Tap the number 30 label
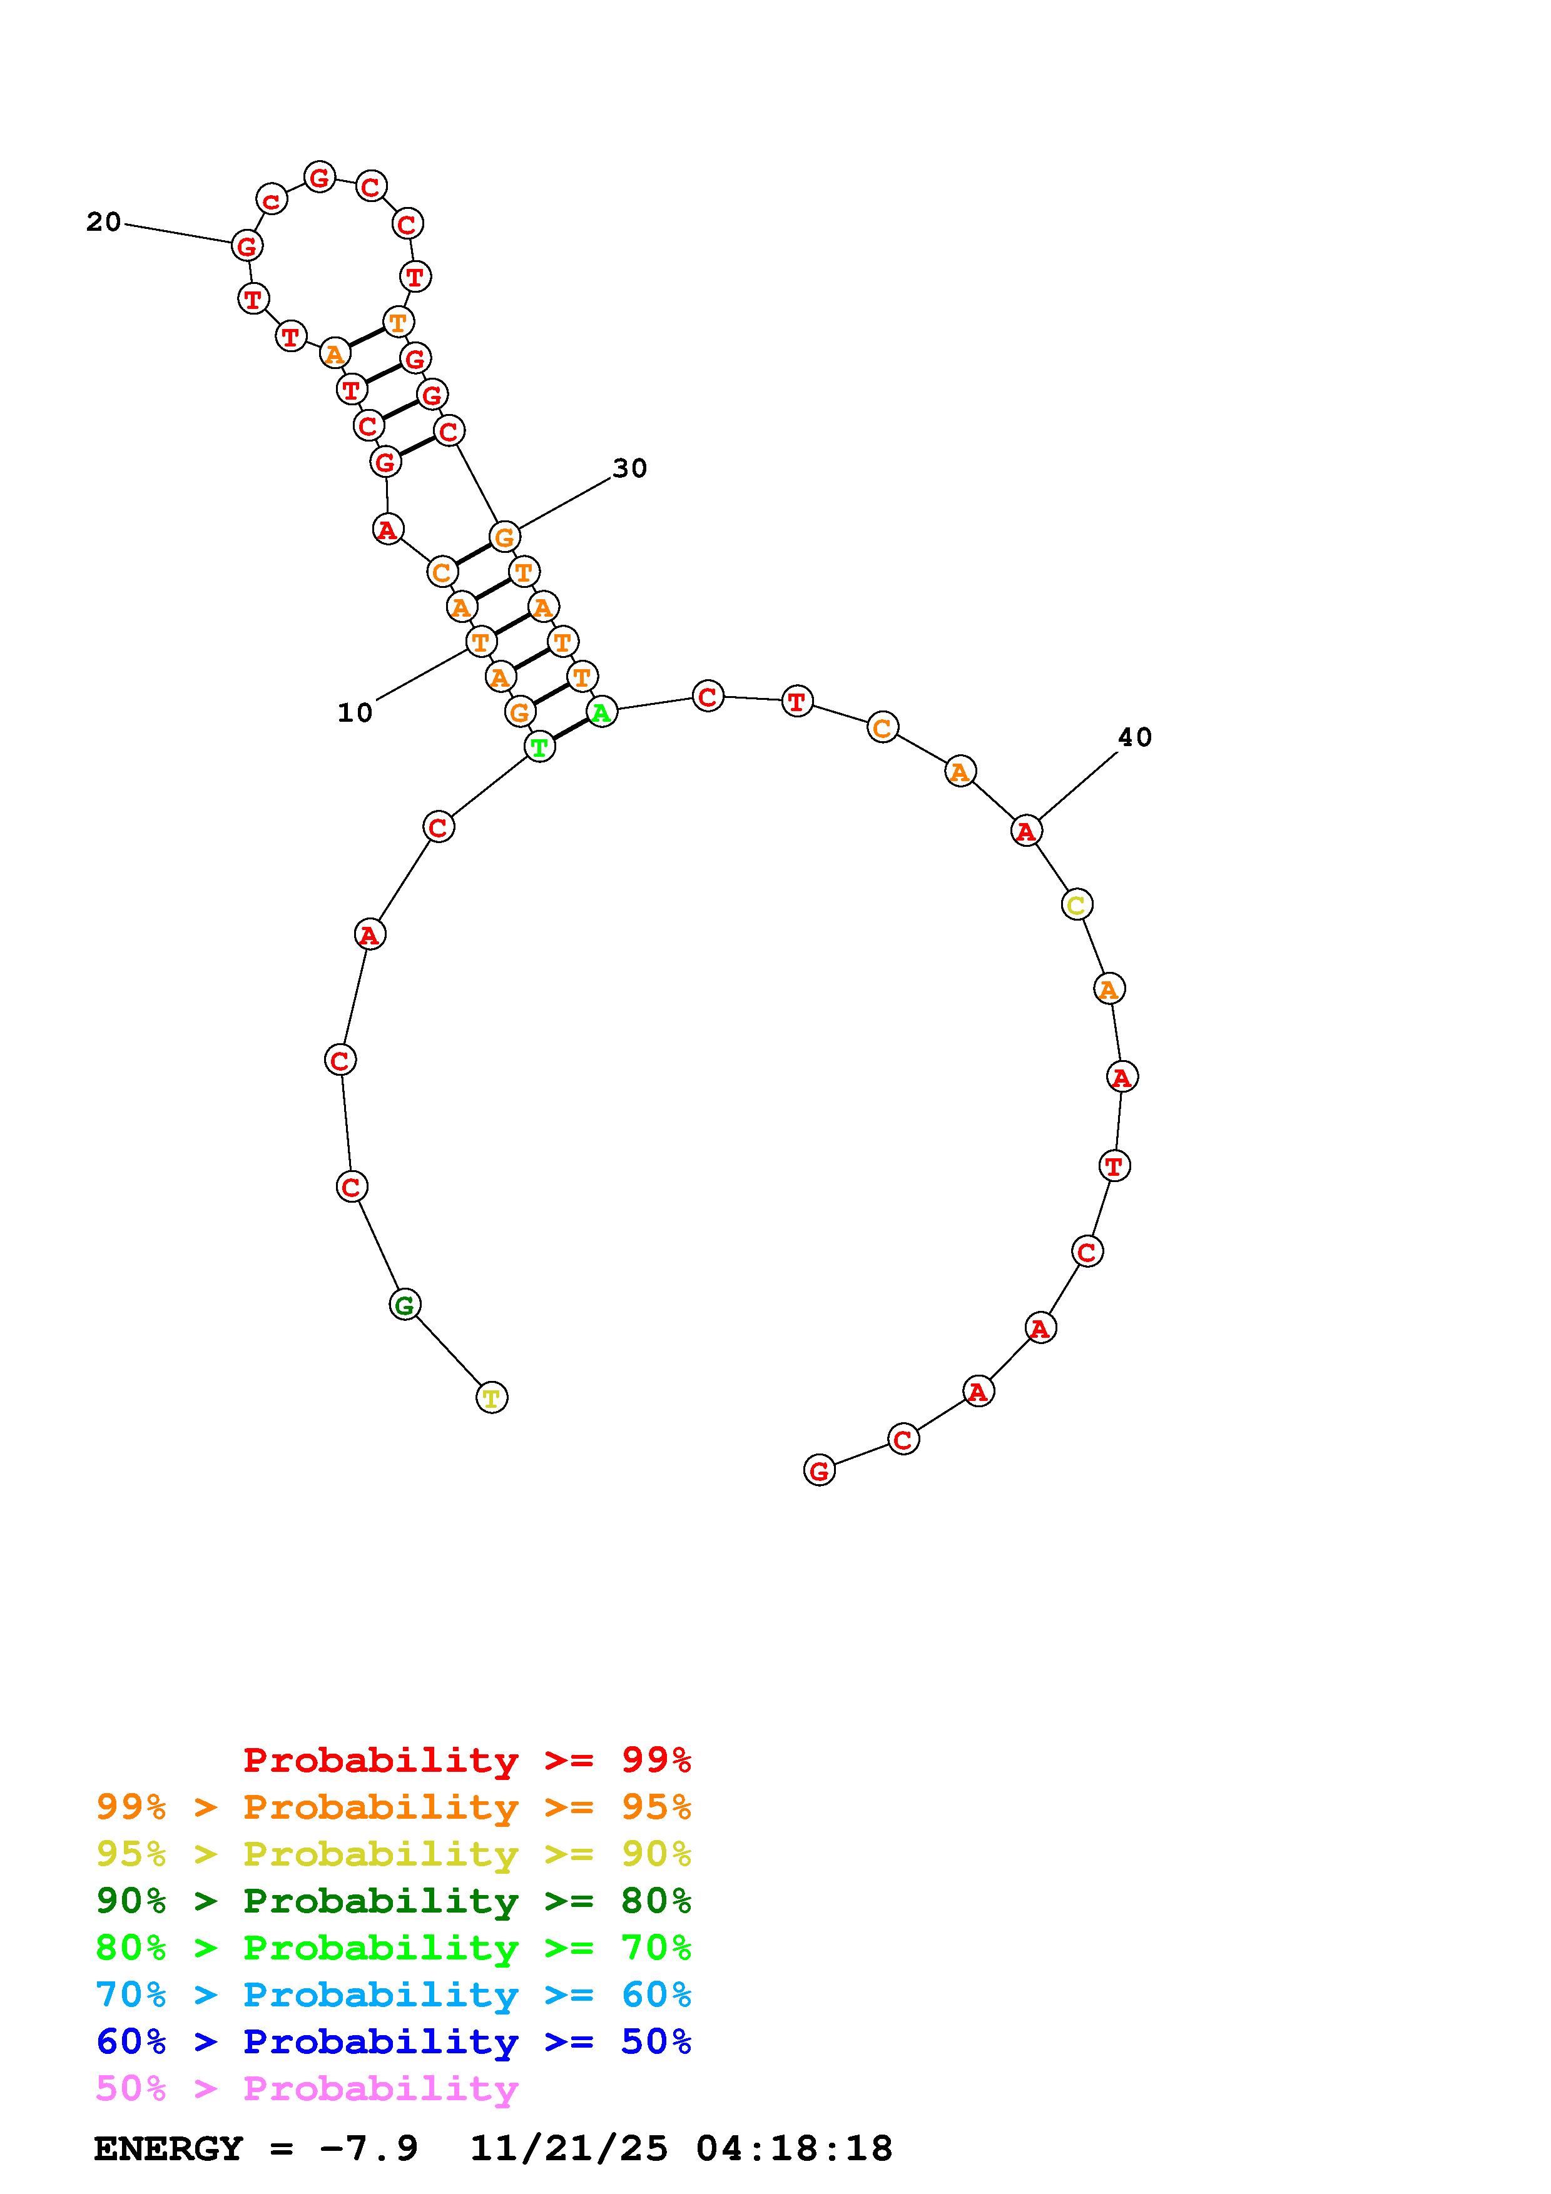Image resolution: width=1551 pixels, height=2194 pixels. [x=630, y=468]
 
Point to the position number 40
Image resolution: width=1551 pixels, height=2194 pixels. [x=1136, y=737]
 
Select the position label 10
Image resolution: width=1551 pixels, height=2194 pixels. [x=355, y=713]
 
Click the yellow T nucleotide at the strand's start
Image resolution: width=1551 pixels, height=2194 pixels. [x=491, y=1398]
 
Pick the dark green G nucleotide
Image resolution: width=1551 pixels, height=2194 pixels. [x=405, y=1305]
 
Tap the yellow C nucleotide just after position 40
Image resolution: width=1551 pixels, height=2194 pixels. [x=1077, y=904]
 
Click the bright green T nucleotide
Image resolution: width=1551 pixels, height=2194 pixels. [x=540, y=746]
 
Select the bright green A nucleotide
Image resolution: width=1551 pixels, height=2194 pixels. [x=601, y=712]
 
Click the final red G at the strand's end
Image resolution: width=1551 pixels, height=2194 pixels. [x=819, y=1470]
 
